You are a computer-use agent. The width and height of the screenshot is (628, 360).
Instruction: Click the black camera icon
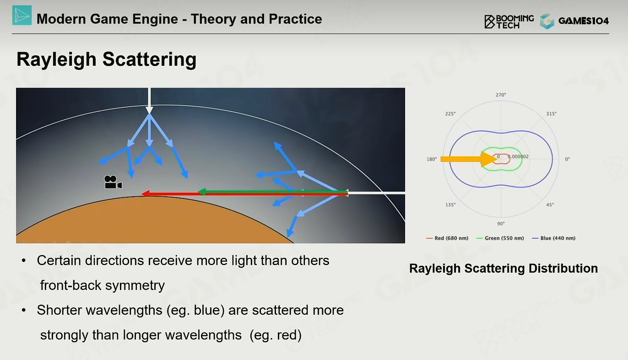coord(113,182)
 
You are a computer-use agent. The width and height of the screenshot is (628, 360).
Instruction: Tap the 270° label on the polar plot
coord(501,95)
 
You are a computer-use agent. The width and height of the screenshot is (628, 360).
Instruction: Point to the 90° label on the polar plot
coord(501,224)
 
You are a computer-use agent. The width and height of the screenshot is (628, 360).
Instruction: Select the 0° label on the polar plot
coord(567,159)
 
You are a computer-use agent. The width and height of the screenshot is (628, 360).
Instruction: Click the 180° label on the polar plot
coord(432,159)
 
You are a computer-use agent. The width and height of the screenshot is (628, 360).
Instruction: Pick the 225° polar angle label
coord(450,114)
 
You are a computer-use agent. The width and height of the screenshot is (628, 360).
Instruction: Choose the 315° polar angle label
coord(551,114)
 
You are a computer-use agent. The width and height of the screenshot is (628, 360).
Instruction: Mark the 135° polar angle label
coord(450,205)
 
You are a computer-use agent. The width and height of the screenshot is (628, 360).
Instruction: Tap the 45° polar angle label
coord(550,205)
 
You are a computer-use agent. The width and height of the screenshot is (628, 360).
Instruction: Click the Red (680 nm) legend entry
coord(447,238)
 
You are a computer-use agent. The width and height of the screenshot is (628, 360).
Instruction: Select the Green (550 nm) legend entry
coord(500,238)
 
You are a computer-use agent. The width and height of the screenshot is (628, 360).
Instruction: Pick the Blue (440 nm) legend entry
coord(554,238)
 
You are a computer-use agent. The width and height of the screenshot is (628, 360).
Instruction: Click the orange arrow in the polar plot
coord(469,159)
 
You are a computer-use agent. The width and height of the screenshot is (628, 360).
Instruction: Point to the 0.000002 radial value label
coord(519,156)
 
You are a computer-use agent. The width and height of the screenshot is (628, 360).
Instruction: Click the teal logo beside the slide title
coord(22,16)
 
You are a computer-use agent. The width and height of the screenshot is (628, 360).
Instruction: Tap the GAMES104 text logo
coord(584,21)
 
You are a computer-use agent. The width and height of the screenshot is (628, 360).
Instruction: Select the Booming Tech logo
coord(509,21)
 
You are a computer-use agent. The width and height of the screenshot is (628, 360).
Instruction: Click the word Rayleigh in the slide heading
coord(56,59)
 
